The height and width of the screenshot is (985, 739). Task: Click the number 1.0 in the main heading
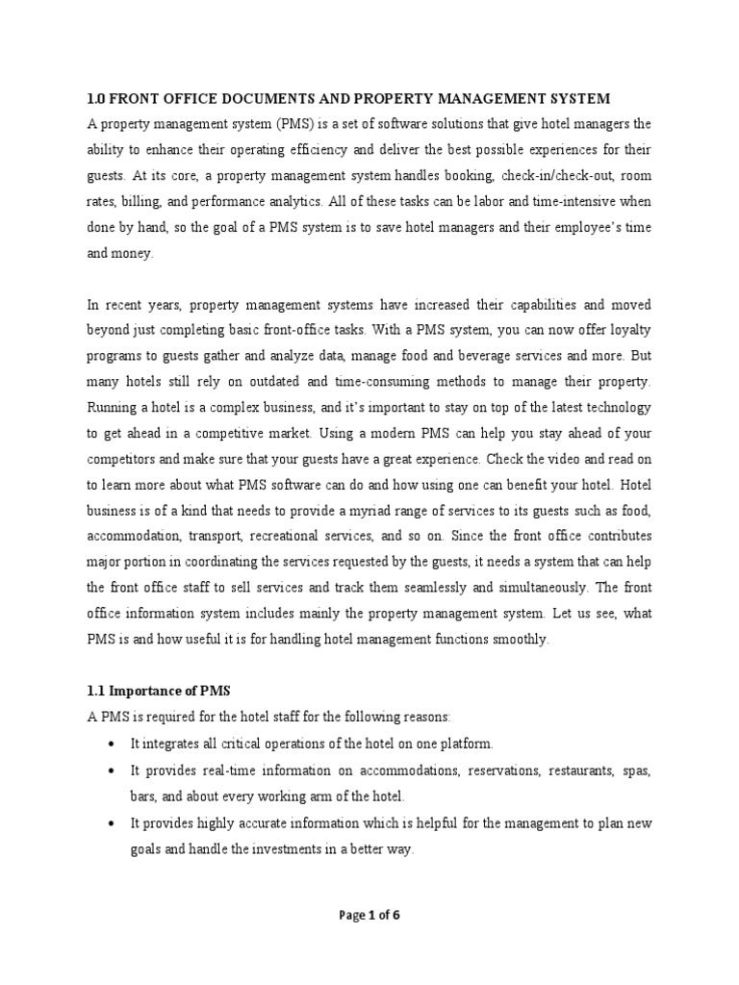pyautogui.click(x=96, y=99)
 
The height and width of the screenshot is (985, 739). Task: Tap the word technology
pyautogui.click(x=620, y=405)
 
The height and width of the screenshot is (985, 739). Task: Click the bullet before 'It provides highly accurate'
pyautogui.click(x=115, y=824)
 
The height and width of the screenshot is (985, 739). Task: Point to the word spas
pyautogui.click(x=635, y=770)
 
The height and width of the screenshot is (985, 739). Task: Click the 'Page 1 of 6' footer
pyautogui.click(x=369, y=915)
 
